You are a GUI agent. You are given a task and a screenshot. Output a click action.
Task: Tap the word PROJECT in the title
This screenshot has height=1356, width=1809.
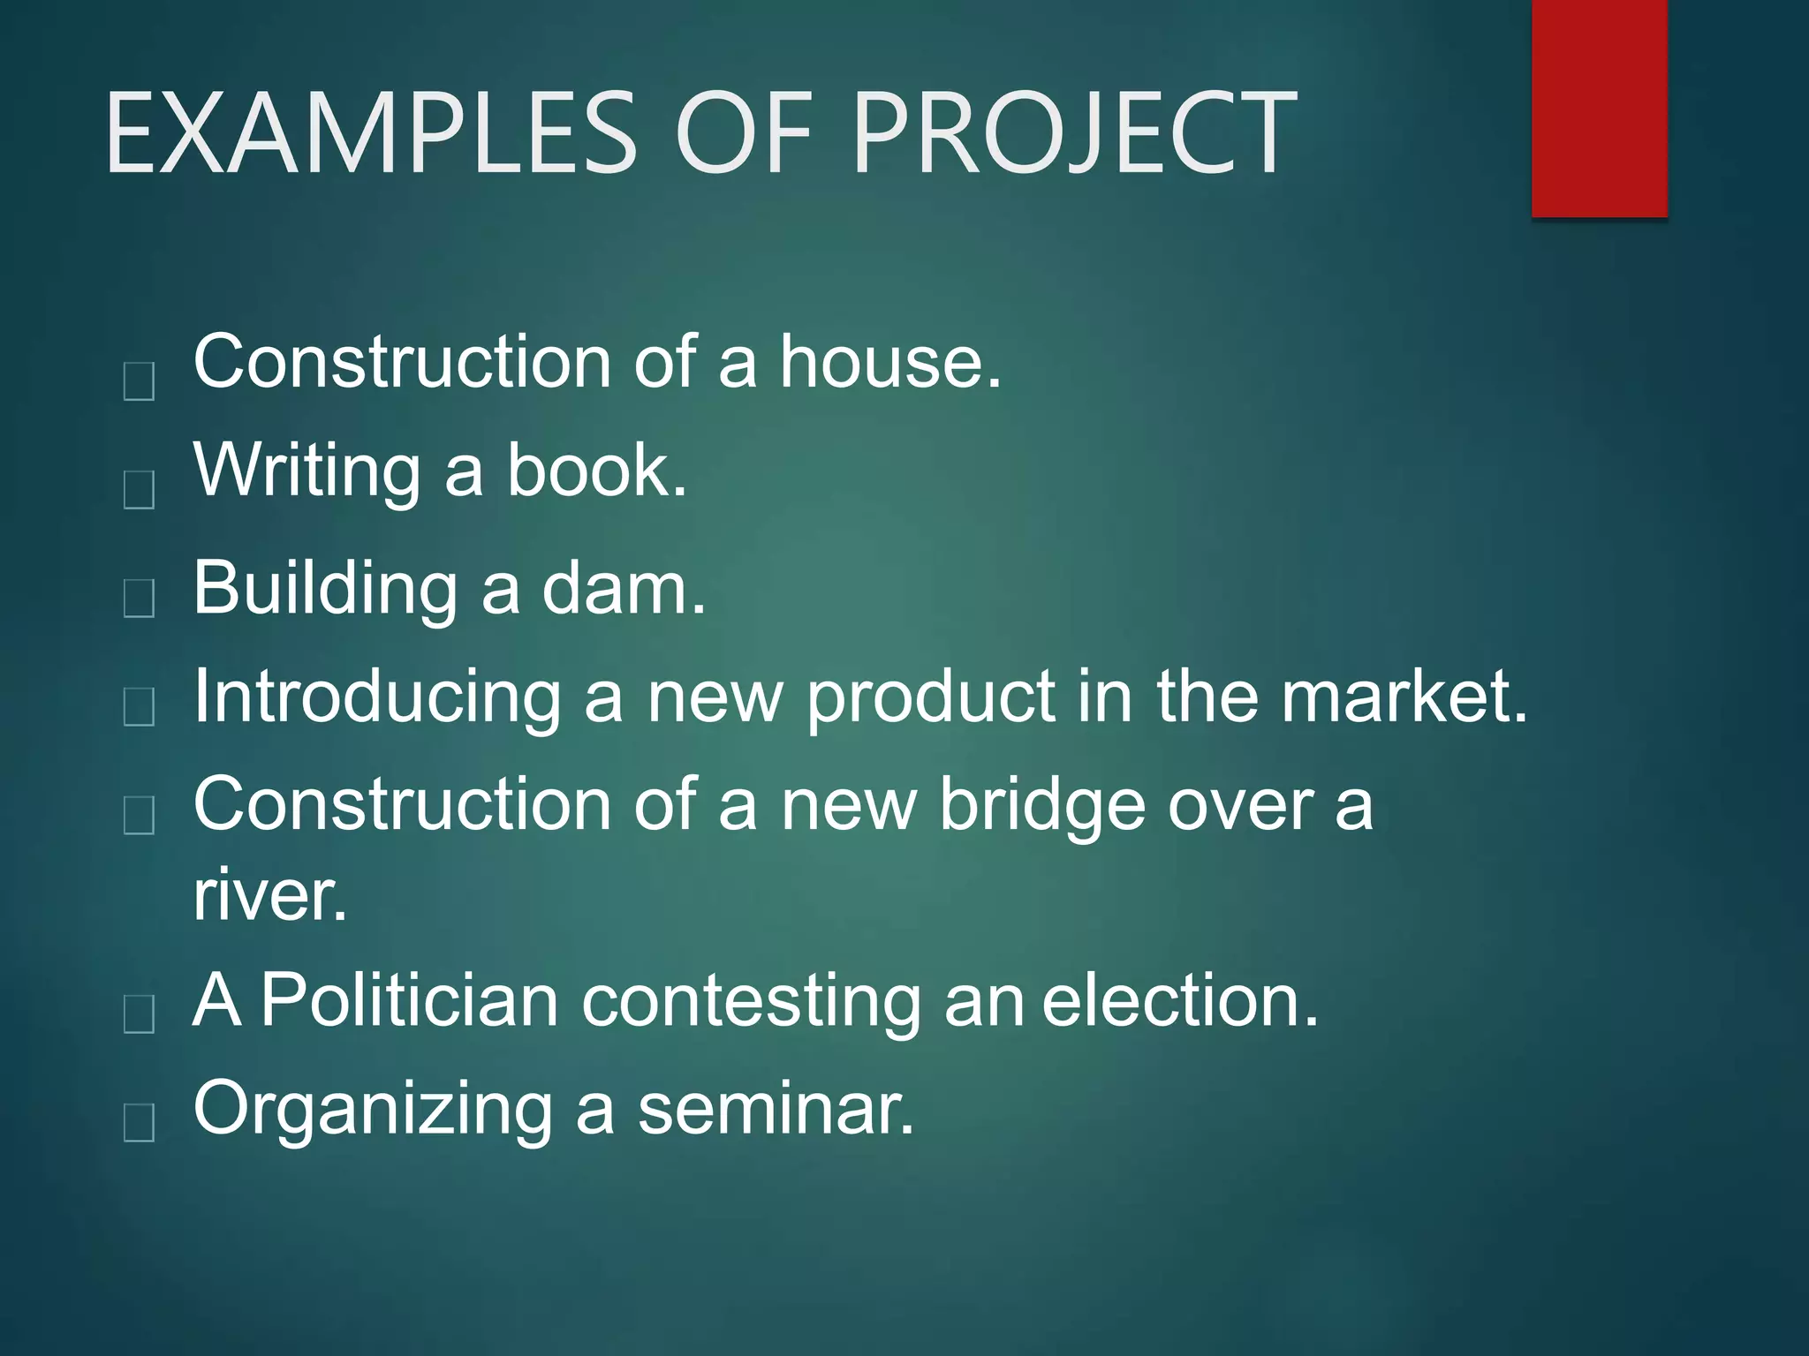click(1074, 134)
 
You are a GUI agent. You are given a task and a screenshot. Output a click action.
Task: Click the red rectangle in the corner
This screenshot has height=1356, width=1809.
click(1599, 108)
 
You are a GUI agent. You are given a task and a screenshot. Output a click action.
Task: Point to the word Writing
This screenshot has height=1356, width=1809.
click(307, 471)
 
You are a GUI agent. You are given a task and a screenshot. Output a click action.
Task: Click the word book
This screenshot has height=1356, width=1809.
click(596, 470)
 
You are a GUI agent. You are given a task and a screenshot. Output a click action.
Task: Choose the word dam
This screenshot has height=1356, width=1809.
click(623, 590)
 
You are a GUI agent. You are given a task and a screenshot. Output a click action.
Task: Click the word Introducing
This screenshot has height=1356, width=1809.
click(377, 697)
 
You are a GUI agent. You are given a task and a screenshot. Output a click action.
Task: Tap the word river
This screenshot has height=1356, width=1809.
click(269, 895)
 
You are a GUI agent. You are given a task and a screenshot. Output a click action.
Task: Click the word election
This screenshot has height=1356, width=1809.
click(1180, 1001)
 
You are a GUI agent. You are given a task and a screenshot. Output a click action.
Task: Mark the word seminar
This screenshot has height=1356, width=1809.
click(775, 1109)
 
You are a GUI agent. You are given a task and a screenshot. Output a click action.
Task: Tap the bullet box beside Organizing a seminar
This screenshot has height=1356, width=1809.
click(140, 1123)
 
